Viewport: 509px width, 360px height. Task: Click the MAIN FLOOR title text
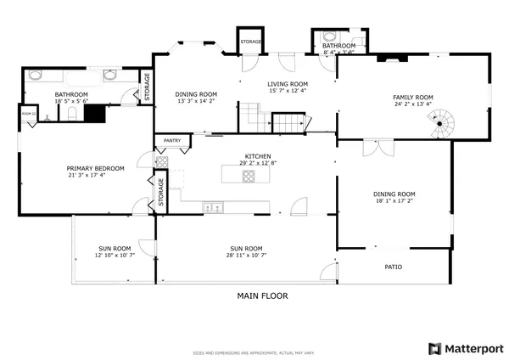[x=262, y=296]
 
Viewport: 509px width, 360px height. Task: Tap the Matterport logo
[x=466, y=348]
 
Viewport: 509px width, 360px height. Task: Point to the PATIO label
[x=393, y=267]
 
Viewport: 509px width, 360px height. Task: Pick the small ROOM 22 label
[x=28, y=114]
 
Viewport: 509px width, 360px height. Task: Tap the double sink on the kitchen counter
[x=212, y=205]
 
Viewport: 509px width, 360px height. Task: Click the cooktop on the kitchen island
[x=249, y=177]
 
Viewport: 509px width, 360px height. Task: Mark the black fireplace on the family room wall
[x=392, y=59]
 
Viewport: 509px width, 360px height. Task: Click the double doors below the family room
[x=371, y=149]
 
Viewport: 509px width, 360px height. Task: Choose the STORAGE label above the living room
[x=250, y=42]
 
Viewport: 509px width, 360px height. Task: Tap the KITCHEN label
[x=258, y=157]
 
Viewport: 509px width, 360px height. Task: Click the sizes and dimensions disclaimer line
[x=254, y=351]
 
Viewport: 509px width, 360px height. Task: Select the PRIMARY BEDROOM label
[x=95, y=168]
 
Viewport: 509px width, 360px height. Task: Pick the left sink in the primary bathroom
[x=36, y=75]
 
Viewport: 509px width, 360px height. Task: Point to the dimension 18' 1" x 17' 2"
[x=395, y=202]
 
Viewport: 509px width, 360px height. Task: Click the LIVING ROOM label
[x=288, y=84]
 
